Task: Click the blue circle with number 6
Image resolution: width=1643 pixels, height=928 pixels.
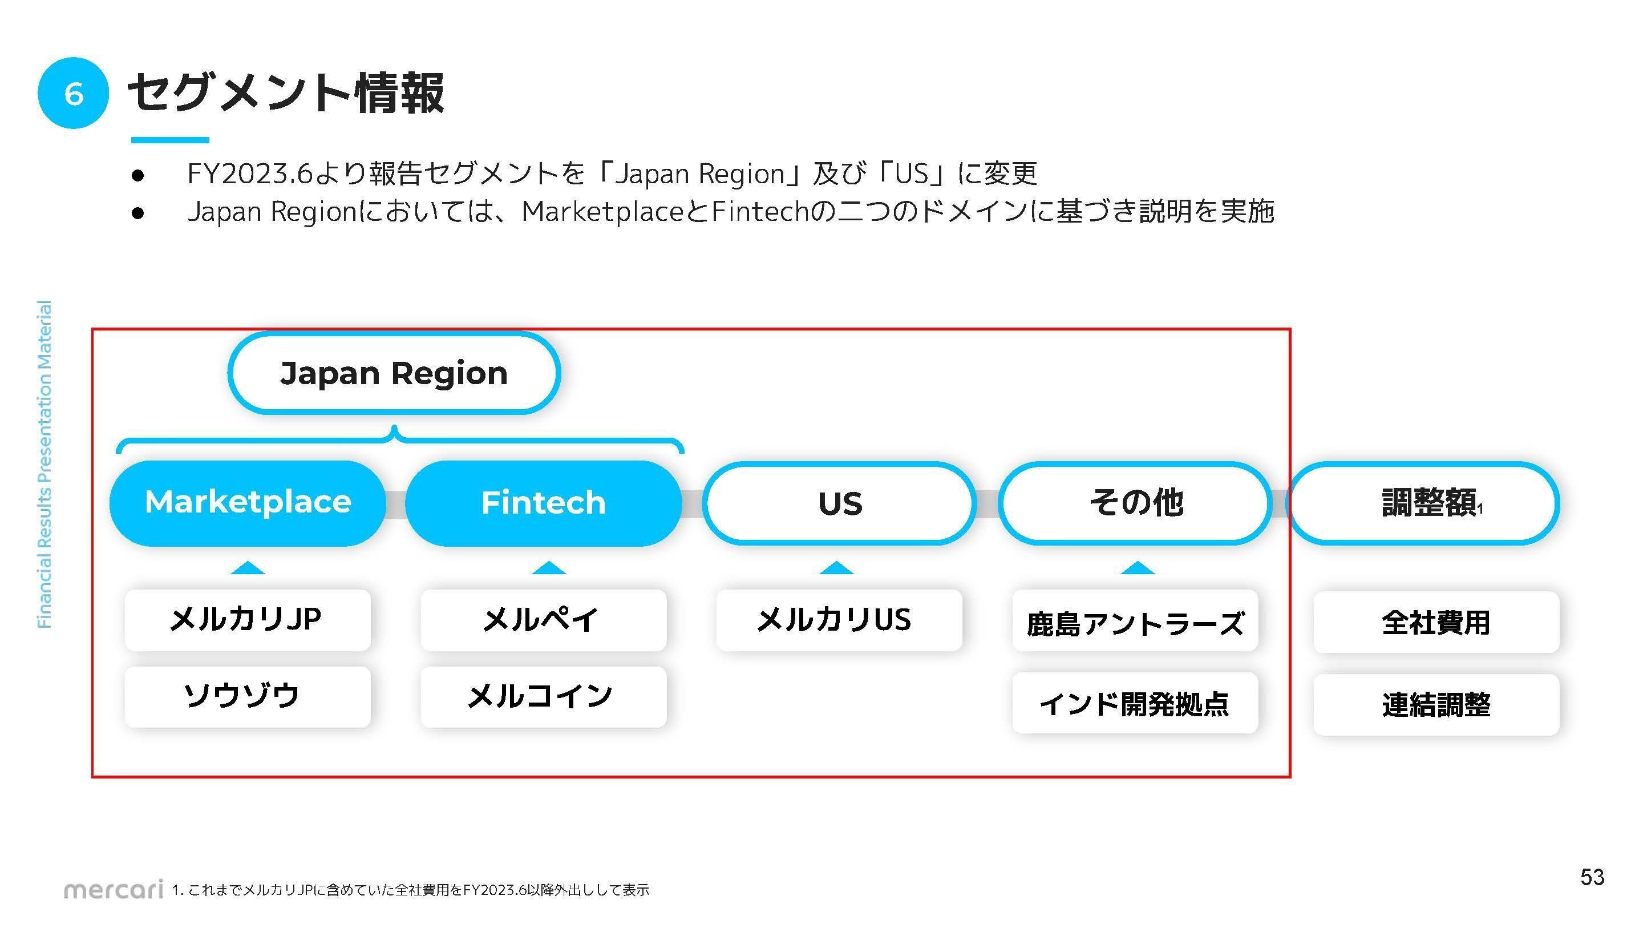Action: pos(74,93)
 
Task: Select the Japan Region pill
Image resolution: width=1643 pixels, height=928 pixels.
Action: pos(394,373)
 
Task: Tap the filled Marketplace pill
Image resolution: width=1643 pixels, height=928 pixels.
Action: pos(248,502)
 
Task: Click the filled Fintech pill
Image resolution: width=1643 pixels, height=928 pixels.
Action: pos(544,502)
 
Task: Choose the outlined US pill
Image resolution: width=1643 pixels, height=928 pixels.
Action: pos(839,503)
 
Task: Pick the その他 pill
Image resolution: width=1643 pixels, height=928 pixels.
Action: pos(1135,503)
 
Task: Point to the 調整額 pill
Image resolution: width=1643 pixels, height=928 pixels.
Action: pos(1423,503)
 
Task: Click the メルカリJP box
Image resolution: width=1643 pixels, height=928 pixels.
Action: pos(248,620)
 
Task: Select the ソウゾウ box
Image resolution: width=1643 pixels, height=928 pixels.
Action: pos(248,696)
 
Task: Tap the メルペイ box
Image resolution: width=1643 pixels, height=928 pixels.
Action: pos(544,620)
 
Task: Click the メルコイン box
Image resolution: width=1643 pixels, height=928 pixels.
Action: pos(544,696)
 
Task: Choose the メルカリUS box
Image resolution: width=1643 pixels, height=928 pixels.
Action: pos(839,620)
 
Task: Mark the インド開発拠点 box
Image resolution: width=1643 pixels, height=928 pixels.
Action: pos(1135,703)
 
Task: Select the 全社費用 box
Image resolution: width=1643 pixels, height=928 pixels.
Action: pos(1436,622)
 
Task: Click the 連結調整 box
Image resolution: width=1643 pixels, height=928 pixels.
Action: pos(1436,705)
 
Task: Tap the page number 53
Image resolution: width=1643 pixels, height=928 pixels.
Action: pos(1592,877)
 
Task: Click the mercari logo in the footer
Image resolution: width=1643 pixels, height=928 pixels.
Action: pos(114,889)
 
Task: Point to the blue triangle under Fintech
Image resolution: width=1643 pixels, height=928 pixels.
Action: pos(548,568)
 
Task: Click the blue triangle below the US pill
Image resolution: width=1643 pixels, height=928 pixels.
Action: pos(836,568)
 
